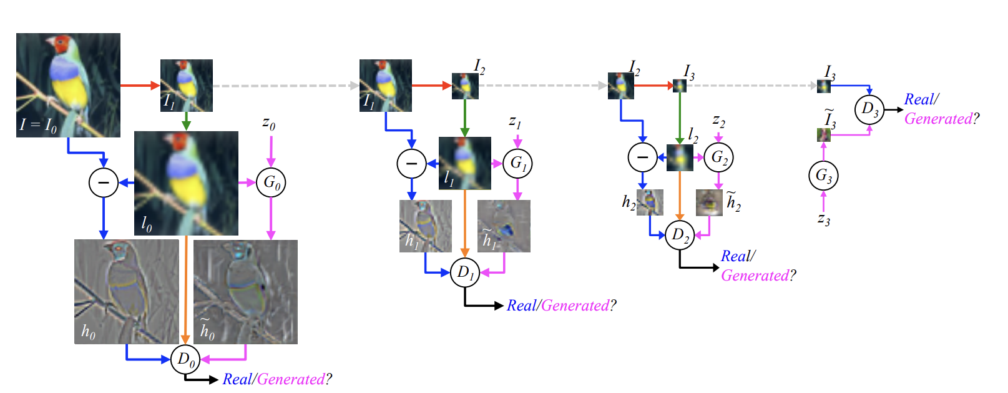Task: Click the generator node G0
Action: pos(271,182)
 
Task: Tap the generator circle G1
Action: pos(517,163)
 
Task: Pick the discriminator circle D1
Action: pos(465,272)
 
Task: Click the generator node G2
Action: pos(718,157)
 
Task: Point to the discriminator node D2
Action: pos(680,235)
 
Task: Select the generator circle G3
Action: pos(823,176)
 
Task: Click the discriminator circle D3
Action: pos(869,109)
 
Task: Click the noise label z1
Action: pos(515,122)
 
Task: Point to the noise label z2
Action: pos(718,121)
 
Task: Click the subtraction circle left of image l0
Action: pos(104,182)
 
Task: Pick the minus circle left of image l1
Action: pos(412,164)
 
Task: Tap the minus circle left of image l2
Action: pos(642,157)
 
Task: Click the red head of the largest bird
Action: pos(61,45)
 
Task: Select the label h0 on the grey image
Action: pos(89,331)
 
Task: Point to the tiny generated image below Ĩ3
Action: pos(823,134)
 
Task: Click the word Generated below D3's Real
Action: pos(938,119)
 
